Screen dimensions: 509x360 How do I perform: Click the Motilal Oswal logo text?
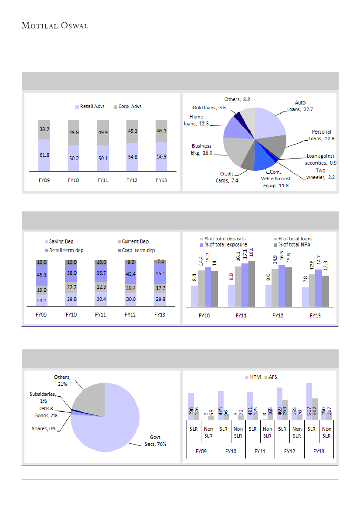55,26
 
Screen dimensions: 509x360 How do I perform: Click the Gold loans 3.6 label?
209,107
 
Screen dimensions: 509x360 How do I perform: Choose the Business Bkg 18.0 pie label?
202,149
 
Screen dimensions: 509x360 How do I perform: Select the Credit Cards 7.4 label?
228,177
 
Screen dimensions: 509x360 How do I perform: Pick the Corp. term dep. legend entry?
138,250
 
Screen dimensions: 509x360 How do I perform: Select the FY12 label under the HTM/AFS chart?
289,452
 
